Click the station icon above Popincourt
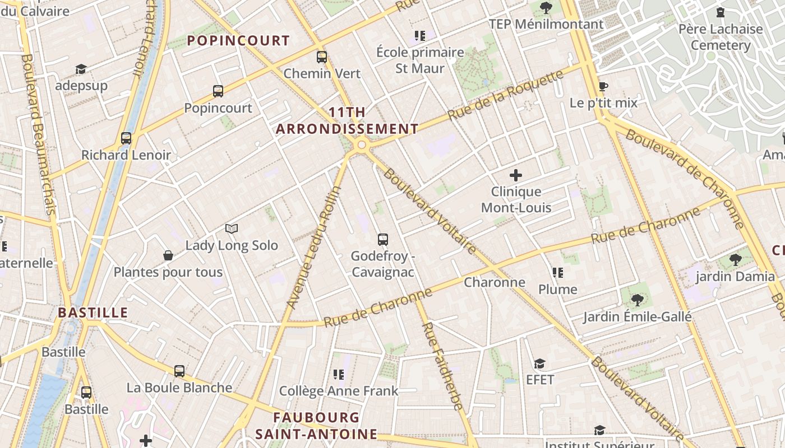(218, 91)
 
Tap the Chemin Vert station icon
(322, 57)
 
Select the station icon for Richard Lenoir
(126, 138)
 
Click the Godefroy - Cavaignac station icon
(383, 240)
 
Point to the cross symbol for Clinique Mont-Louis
(516, 175)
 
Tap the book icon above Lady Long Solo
(232, 228)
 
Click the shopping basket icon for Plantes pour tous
(168, 255)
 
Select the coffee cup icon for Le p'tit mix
(603, 86)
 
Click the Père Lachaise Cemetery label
(721, 37)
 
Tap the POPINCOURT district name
(238, 41)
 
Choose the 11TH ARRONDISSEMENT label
(347, 120)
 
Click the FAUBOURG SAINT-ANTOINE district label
(316, 426)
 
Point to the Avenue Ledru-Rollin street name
(315, 247)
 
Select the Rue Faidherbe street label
(443, 366)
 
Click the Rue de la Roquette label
(505, 95)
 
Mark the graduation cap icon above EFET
(539, 363)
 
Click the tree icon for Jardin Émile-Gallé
(637, 300)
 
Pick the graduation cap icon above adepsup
(81, 69)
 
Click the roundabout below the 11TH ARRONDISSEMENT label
(362, 145)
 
